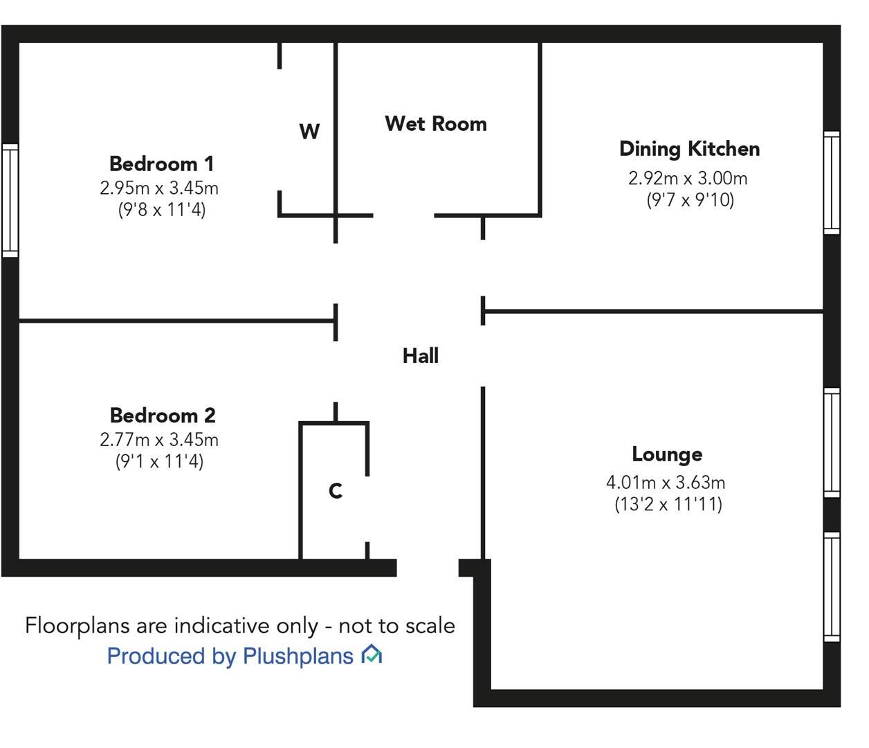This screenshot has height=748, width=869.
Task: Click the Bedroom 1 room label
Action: click(x=161, y=163)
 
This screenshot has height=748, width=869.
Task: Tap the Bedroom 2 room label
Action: click(x=163, y=416)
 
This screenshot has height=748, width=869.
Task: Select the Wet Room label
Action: click(x=436, y=124)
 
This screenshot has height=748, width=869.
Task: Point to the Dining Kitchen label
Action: click(x=690, y=150)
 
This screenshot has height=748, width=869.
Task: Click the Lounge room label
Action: click(x=667, y=454)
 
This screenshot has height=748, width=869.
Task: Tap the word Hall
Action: click(x=421, y=356)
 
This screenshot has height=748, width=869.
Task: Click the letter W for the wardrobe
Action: click(x=309, y=132)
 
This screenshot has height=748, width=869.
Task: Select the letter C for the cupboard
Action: click(x=336, y=491)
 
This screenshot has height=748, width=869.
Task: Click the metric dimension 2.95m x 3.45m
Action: click(x=159, y=188)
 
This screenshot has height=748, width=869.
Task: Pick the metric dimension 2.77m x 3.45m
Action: click(x=159, y=440)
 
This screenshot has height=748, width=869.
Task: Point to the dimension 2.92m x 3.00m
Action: click(x=688, y=179)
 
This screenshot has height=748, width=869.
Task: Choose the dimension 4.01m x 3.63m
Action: click(x=666, y=482)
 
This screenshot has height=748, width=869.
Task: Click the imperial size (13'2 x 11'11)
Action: click(x=668, y=504)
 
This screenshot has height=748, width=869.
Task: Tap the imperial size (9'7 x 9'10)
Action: click(x=690, y=200)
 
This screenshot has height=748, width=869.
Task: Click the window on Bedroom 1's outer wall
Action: click(x=10, y=200)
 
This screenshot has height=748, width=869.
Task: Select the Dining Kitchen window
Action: click(x=832, y=182)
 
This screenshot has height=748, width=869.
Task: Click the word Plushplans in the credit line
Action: click(x=298, y=657)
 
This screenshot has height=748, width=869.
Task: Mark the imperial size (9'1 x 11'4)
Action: click(x=159, y=461)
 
